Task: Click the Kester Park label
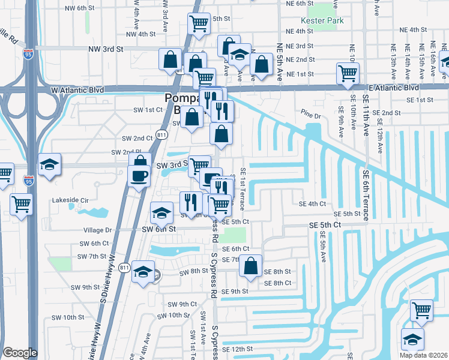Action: point(326,21)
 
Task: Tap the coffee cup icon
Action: point(139,176)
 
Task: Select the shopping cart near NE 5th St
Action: point(199,25)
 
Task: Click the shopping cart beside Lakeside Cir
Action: point(22,205)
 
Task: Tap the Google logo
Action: point(20,353)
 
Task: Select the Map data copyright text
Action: point(424,355)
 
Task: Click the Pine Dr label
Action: point(312,114)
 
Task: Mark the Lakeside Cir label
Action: point(70,200)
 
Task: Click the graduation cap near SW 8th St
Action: point(143,273)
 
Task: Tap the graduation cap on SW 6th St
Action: point(161,213)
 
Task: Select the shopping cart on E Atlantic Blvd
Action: point(348,73)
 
